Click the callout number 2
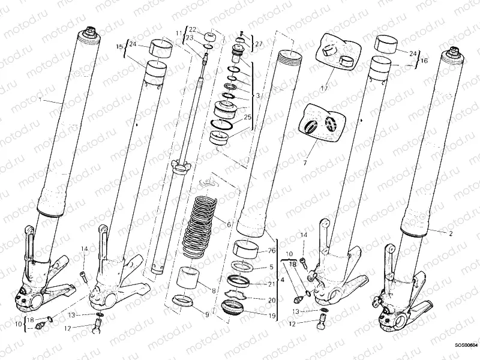click(x=451, y=232)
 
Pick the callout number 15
click(x=119, y=46)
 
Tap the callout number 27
click(x=258, y=44)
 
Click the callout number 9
click(x=208, y=314)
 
